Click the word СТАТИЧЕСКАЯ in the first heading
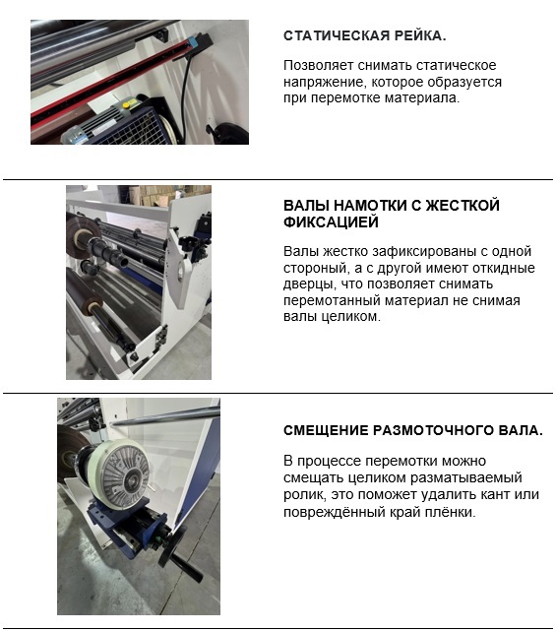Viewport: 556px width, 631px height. click(x=337, y=35)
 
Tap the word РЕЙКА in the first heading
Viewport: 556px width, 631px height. click(x=419, y=35)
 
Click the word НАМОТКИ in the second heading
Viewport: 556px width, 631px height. click(x=369, y=205)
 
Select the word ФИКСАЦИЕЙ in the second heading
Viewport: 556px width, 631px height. click(x=331, y=222)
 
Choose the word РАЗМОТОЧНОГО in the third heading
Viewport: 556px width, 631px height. click(x=432, y=430)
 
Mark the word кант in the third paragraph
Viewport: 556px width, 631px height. click(x=494, y=494)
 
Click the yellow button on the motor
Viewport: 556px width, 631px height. click(x=126, y=105)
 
